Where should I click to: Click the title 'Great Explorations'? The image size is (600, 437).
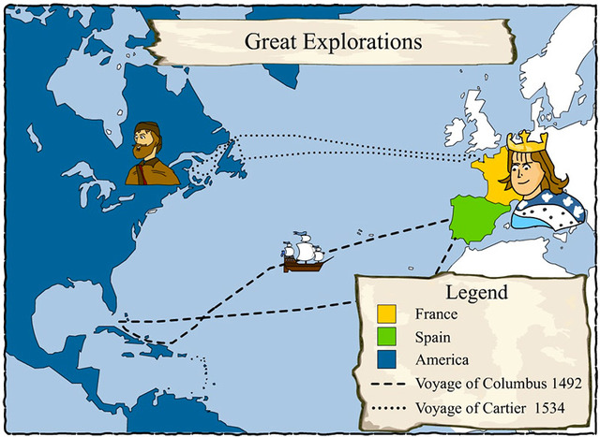pyautogui.click(x=333, y=41)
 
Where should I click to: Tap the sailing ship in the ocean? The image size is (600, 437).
pyautogui.click(x=303, y=255)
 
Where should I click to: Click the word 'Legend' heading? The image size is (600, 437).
pyautogui.click(x=476, y=292)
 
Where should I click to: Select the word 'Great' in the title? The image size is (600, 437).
pyautogui.click(x=272, y=41)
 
